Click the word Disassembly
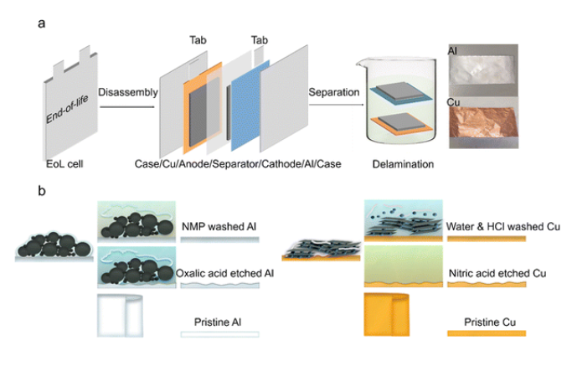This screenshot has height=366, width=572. (127, 92)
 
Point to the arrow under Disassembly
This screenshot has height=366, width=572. (127, 103)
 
